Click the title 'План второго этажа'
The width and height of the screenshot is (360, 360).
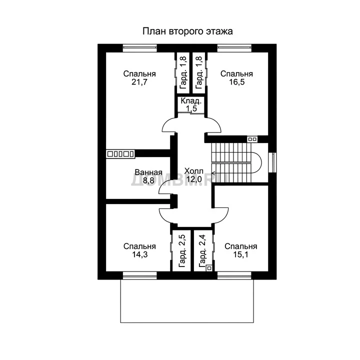pyautogui.click(x=187, y=31)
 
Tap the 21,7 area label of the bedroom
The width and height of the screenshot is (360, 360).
pyautogui.click(x=139, y=82)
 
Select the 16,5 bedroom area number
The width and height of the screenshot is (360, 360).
pyautogui.click(x=237, y=82)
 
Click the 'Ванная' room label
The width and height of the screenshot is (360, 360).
pyautogui.click(x=148, y=172)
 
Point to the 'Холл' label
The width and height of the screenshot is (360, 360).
pyautogui.click(x=194, y=171)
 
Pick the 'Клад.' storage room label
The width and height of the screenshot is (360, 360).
pyautogui.click(x=191, y=101)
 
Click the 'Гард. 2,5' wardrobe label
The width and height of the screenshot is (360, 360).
pyautogui.click(x=182, y=251)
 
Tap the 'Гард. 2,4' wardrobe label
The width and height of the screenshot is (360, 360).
pyautogui.click(x=202, y=251)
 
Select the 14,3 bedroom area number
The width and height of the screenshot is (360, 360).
pyautogui.click(x=139, y=254)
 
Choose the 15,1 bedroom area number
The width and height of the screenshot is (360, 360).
pyautogui.click(x=240, y=254)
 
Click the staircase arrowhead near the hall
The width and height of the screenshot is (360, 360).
pyautogui.click(x=213, y=173)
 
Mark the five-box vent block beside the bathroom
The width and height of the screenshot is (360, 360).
pyautogui.click(x=120, y=154)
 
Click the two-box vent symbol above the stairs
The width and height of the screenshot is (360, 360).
pyautogui.click(x=252, y=139)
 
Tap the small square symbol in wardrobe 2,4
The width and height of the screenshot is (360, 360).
pyautogui.click(x=209, y=267)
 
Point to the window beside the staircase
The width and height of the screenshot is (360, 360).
pyautogui.click(x=272, y=162)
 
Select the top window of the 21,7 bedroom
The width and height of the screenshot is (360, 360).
pyautogui.click(x=140, y=48)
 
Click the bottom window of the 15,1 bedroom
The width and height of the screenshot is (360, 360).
pyautogui.click(x=234, y=275)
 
